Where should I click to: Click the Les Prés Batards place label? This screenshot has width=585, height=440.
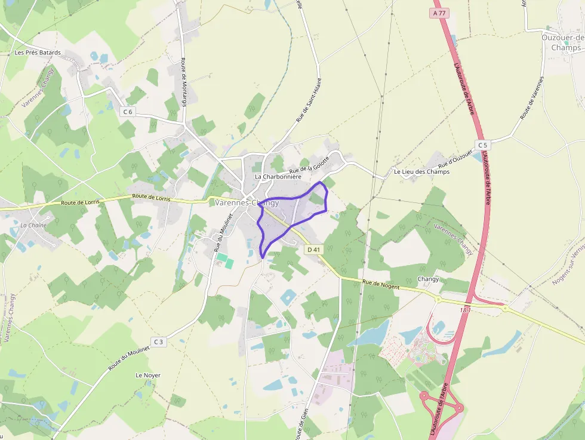(38, 53)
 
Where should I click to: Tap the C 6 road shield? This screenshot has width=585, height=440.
(128, 112)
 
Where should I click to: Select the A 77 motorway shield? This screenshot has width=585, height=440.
(439, 13)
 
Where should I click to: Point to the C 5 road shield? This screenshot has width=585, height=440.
(482, 145)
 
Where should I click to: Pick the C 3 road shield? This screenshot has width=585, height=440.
(158, 341)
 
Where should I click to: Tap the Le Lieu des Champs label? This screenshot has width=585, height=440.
(421, 172)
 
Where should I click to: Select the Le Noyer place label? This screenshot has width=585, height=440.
(148, 376)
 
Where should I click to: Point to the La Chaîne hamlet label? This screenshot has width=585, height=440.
(33, 225)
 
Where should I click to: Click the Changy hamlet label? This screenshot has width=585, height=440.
(428, 279)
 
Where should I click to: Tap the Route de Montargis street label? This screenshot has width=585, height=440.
(183, 82)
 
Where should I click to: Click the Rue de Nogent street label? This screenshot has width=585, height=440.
(381, 284)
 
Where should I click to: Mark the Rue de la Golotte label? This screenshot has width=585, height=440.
(309, 169)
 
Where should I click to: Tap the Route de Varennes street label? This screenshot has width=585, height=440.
(532, 98)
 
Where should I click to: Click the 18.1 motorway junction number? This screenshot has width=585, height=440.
(466, 310)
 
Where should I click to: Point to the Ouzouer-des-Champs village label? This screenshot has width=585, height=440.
(563, 42)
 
